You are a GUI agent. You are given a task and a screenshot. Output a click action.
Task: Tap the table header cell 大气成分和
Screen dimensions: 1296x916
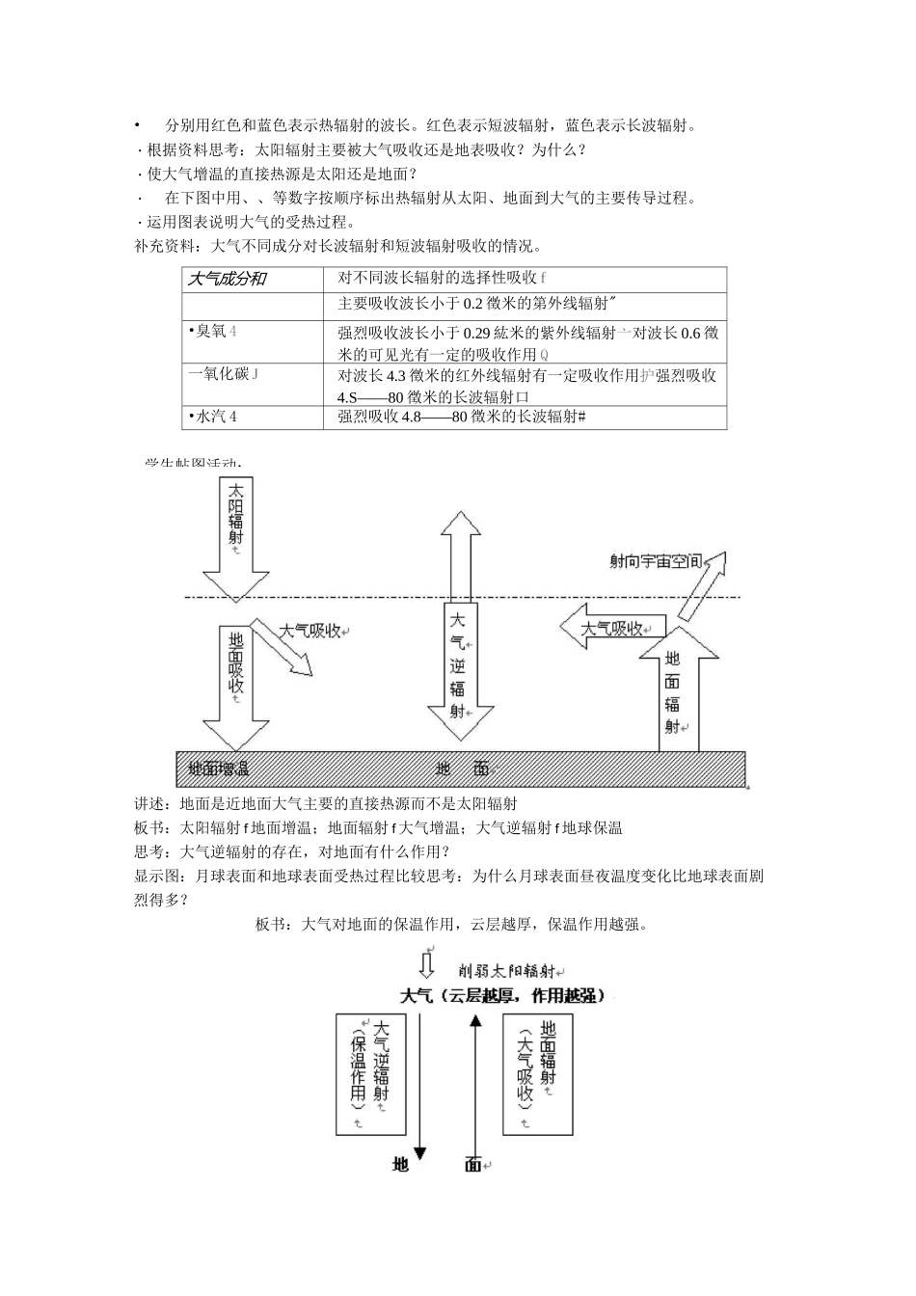(228, 280)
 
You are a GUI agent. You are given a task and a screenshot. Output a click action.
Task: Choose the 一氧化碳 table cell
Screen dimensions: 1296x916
(223, 373)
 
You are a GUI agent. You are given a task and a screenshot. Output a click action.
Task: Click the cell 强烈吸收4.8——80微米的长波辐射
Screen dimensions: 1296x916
(462, 417)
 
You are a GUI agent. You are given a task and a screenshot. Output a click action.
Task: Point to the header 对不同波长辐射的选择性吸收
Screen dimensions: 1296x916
(442, 279)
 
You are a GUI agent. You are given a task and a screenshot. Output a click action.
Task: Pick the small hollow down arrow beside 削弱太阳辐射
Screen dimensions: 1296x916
(427, 965)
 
